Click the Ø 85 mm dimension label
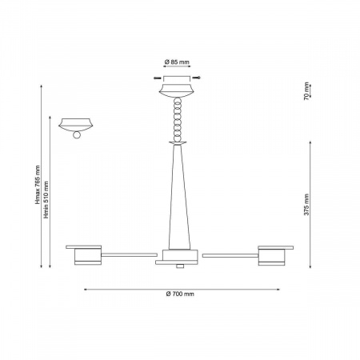[x=177, y=62]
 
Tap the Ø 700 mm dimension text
[x=180, y=294]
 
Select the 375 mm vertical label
[x=306, y=205]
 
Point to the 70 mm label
[x=306, y=91]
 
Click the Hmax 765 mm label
[x=38, y=185]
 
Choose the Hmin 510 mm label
[x=46, y=200]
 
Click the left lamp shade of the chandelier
[x=88, y=257]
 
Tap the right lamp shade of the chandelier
[x=271, y=257]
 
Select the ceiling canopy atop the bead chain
[x=177, y=91]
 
